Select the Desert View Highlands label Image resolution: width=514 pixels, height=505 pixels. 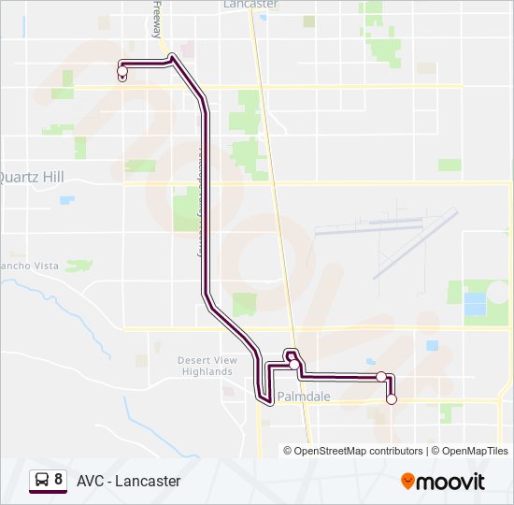click(x=207, y=366)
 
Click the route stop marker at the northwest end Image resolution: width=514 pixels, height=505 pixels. click(x=122, y=71)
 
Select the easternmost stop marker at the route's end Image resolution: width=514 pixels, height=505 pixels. click(x=392, y=399)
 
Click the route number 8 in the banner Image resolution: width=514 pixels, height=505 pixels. click(x=59, y=480)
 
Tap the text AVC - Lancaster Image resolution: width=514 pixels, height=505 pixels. click(x=129, y=481)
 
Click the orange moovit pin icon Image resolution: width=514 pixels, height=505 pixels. click(x=408, y=482)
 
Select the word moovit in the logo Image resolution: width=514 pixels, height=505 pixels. click(x=451, y=482)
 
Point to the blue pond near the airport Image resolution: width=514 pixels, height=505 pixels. click(x=476, y=304)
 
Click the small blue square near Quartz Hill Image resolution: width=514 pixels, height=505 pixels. click(x=66, y=199)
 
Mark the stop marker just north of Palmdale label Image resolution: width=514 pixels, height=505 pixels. click(x=293, y=364)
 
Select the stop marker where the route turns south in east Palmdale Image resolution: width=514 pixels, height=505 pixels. click(x=381, y=376)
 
